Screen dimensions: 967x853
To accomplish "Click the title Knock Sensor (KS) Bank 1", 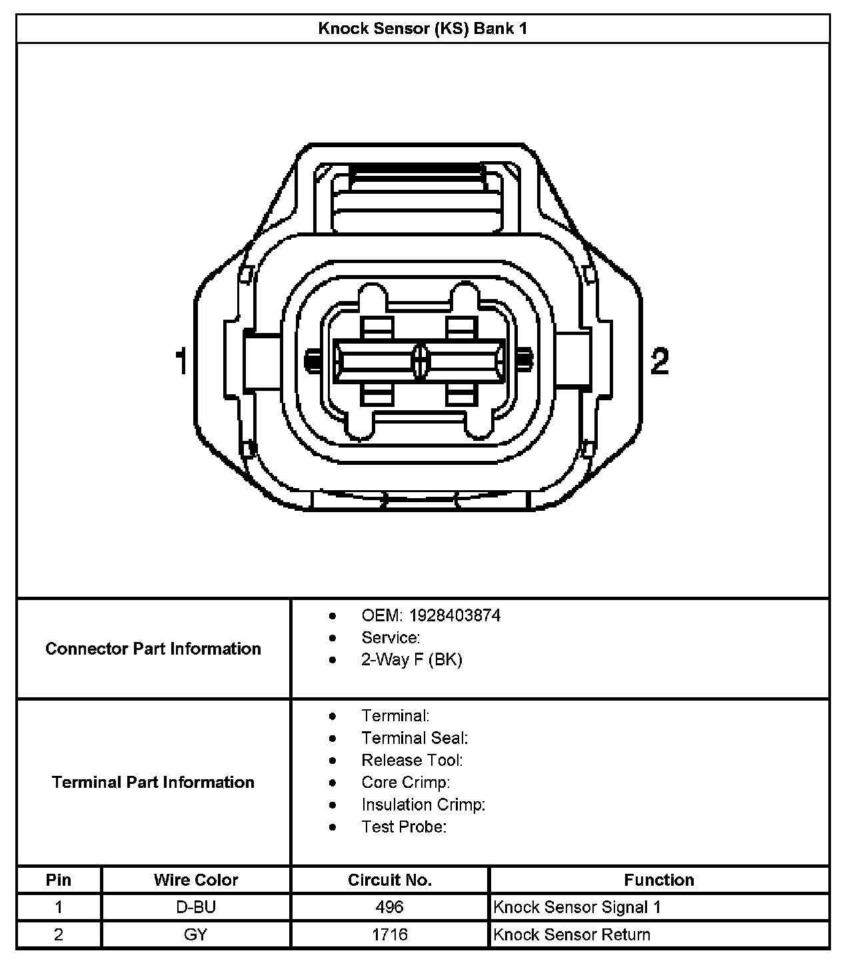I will click(423, 29).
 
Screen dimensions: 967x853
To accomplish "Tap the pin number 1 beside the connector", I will click(180, 362).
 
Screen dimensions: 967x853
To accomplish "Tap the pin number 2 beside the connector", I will click(659, 362).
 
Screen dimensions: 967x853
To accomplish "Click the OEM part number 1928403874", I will click(454, 615).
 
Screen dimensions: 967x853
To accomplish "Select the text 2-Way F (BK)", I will click(412, 659).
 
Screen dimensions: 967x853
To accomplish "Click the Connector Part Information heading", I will click(153, 649).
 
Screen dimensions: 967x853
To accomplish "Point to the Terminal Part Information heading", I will click(153, 782).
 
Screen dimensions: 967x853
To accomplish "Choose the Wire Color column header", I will click(196, 880).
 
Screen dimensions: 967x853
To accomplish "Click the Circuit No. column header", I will click(390, 880).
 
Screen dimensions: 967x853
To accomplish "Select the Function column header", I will click(659, 880).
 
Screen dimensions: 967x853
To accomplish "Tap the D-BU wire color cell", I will click(196, 907).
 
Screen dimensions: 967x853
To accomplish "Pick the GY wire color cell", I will click(196, 934).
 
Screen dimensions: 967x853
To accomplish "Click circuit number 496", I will click(390, 907).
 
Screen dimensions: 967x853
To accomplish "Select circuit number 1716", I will click(390, 934).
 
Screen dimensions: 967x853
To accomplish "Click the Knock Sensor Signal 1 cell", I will click(577, 907).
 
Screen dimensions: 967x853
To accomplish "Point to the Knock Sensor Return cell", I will click(572, 934).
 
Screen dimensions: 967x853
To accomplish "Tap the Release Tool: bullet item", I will click(412, 760).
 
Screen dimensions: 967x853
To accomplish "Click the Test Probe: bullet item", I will click(404, 826).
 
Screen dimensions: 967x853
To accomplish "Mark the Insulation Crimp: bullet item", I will click(423, 805).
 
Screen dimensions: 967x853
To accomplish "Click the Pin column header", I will click(59, 880).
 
